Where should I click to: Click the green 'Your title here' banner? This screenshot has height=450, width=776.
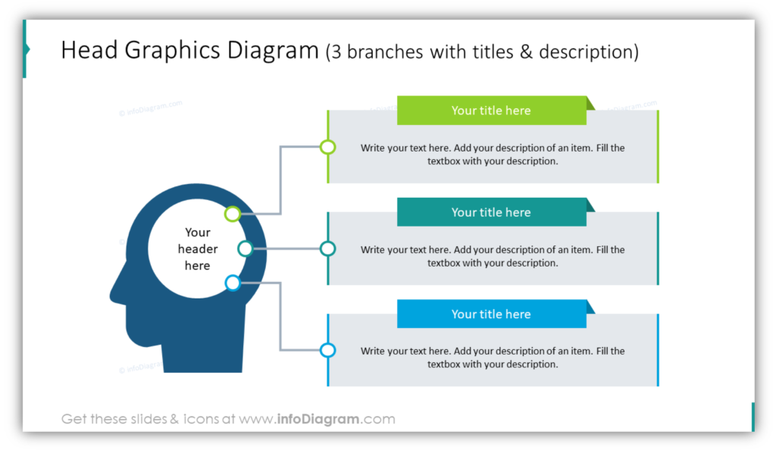[x=491, y=111]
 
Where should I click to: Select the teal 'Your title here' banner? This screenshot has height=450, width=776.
[x=491, y=212]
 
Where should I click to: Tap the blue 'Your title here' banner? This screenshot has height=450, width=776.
[x=491, y=314]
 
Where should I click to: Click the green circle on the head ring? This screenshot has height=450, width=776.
[x=233, y=214]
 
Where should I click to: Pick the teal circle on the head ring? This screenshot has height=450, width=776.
[x=246, y=248]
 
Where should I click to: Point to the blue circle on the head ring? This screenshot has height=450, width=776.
[x=233, y=283]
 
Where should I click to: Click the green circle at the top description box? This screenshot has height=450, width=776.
[x=327, y=147]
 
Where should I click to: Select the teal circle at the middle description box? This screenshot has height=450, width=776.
[x=327, y=248]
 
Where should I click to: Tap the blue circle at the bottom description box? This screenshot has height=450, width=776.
[x=327, y=350]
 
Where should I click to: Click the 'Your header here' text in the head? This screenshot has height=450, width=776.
[x=198, y=248]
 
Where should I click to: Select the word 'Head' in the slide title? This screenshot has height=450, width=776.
[x=89, y=51]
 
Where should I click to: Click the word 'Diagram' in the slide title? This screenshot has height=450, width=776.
[x=273, y=52]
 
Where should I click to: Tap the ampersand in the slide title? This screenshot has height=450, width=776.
[x=526, y=52]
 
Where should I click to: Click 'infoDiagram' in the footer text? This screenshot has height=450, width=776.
[x=318, y=419]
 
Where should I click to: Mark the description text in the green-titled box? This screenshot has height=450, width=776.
[x=493, y=155]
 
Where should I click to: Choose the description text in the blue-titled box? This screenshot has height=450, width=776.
[x=493, y=358]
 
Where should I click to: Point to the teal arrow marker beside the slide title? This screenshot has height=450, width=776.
[x=27, y=49]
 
